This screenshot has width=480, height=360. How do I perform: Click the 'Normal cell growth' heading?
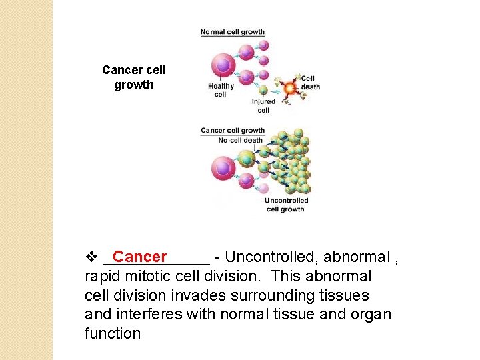233,32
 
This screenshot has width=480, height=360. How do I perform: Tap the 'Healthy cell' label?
221,90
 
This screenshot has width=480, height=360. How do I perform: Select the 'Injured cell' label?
263,106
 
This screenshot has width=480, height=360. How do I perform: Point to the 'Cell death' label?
310,83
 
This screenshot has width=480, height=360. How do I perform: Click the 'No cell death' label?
241,141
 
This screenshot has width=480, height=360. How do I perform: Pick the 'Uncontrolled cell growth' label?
286,205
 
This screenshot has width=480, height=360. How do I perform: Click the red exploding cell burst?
289,88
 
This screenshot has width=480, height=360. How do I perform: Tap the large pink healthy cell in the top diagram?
223,65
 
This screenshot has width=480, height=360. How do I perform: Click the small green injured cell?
263,91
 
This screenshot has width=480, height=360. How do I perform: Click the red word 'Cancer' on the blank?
140,257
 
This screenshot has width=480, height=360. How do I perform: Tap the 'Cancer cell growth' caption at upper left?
134,77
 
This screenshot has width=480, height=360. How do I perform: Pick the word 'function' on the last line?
113,333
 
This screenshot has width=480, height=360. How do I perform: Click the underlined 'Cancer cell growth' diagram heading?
233,131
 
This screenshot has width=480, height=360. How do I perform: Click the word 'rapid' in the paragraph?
102,276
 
